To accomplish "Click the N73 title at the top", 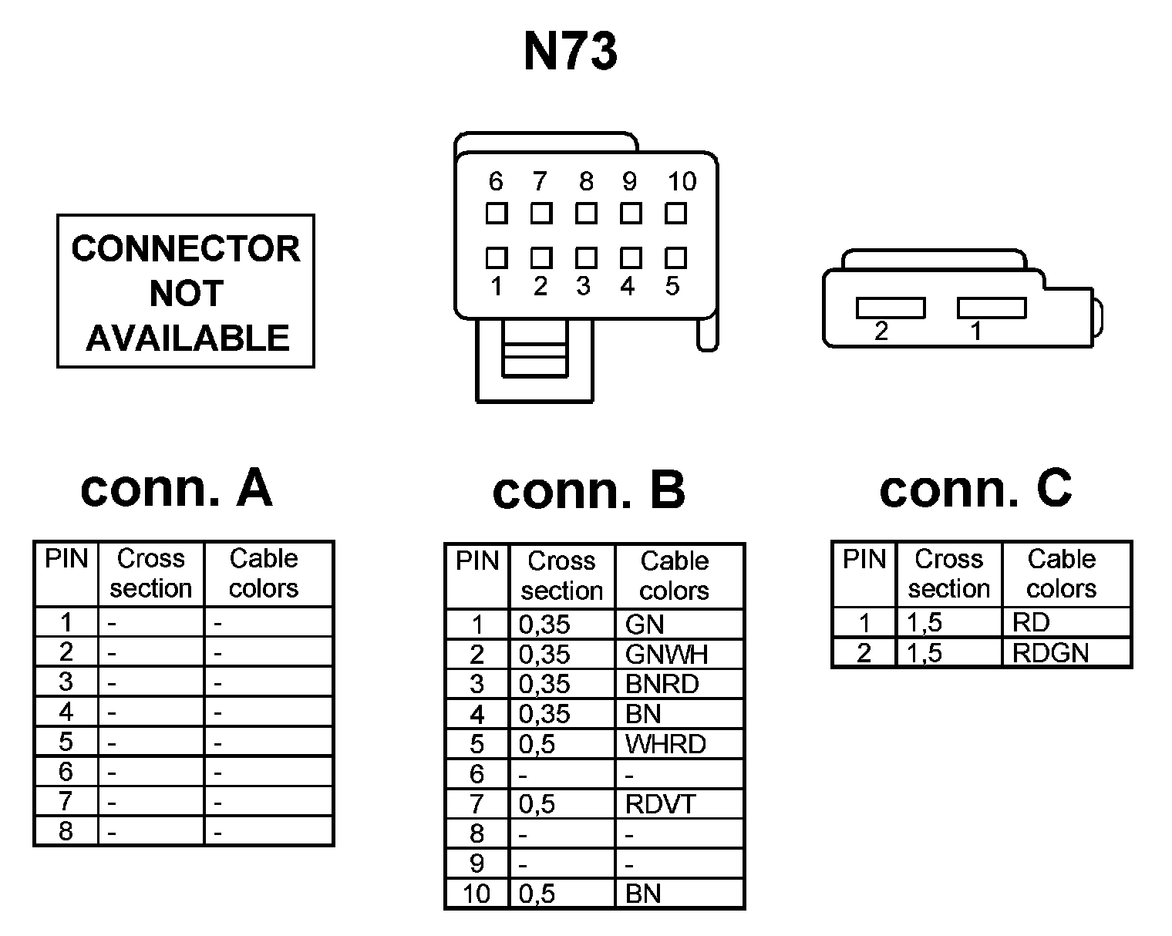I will coord(571,52).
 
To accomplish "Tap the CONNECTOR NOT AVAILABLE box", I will coord(186,291).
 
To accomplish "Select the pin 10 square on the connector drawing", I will coord(676,213).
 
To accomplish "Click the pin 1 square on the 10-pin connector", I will coord(497,257).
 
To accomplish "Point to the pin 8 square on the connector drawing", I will coord(586,213).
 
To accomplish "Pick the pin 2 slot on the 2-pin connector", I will coord(891,308).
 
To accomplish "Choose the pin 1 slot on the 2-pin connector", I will coord(992,308).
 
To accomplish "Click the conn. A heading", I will coord(177,488).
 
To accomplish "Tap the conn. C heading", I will coord(975,488).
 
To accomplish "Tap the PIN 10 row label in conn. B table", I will coord(477,894).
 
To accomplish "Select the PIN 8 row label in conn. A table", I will coord(66,832).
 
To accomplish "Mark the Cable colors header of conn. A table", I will coord(264,573).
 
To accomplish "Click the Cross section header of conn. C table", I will coord(949,573).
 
